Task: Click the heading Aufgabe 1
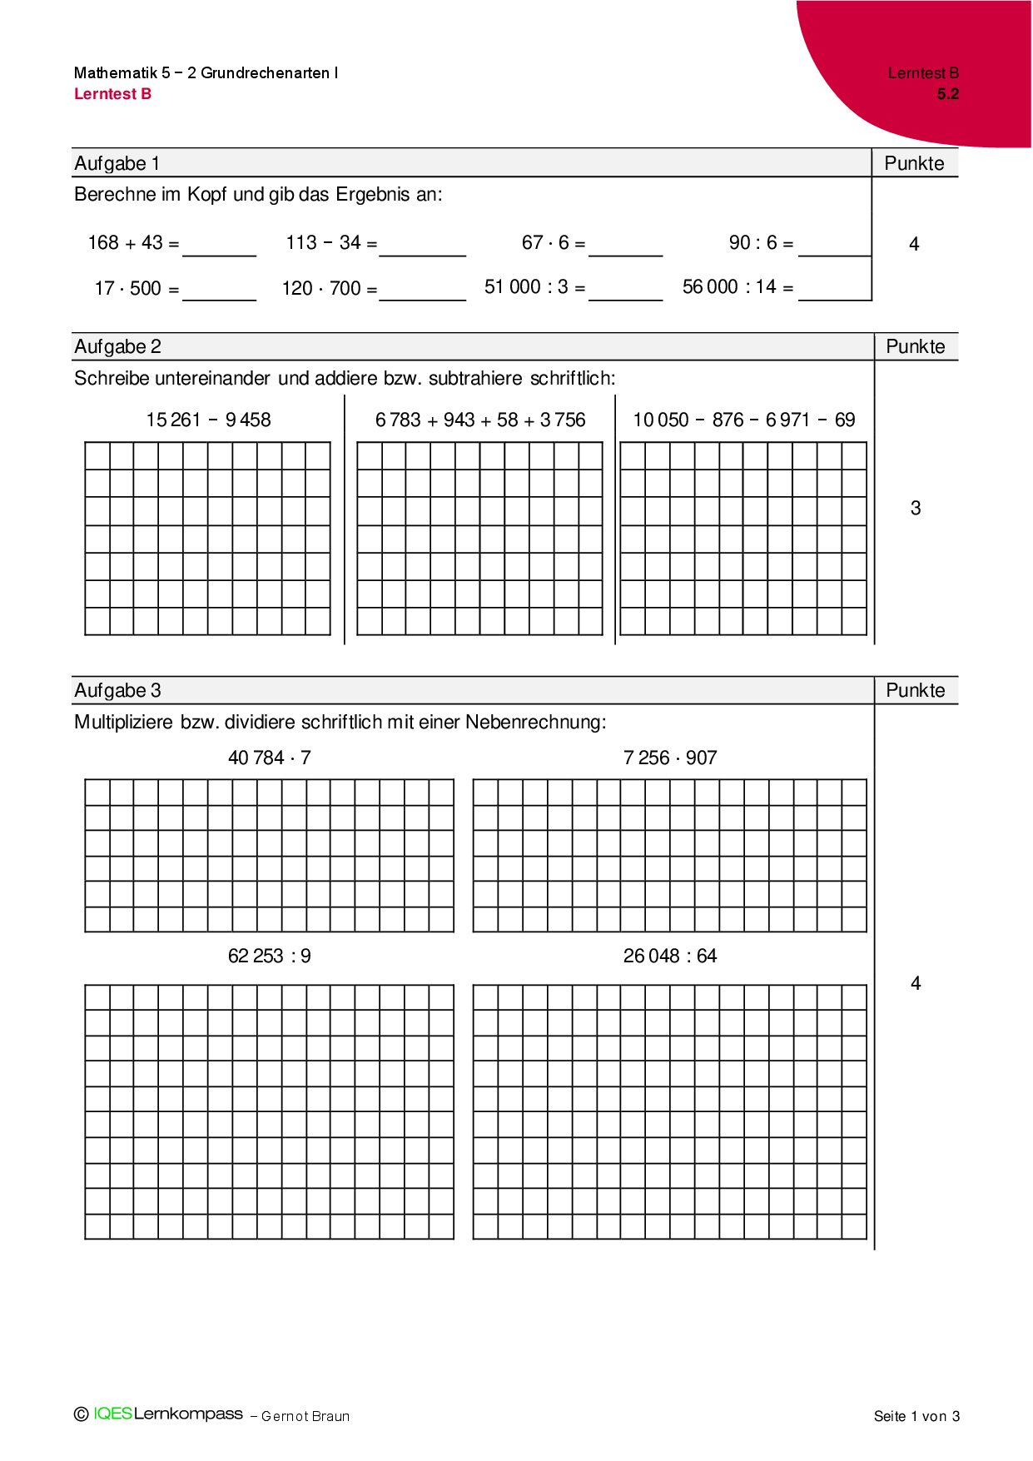(117, 163)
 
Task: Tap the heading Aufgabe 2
(117, 346)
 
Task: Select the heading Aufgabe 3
(117, 690)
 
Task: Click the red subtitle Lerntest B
(112, 94)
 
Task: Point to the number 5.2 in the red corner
(947, 94)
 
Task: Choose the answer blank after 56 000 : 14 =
(834, 291)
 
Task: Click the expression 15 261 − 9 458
(208, 420)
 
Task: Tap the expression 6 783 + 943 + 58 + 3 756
(480, 420)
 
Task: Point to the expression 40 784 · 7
(269, 758)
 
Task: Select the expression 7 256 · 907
(670, 758)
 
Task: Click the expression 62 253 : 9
(269, 956)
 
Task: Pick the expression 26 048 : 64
(670, 956)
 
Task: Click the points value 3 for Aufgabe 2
(916, 508)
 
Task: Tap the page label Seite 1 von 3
(916, 1416)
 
